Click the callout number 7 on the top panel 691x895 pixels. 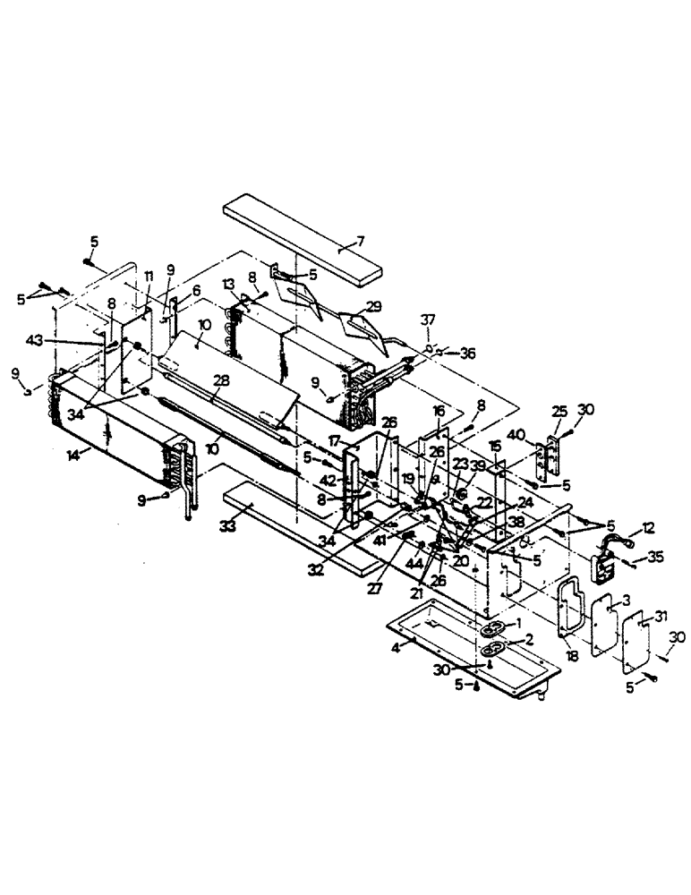360,241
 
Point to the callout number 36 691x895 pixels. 466,354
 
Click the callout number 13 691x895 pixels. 228,284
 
